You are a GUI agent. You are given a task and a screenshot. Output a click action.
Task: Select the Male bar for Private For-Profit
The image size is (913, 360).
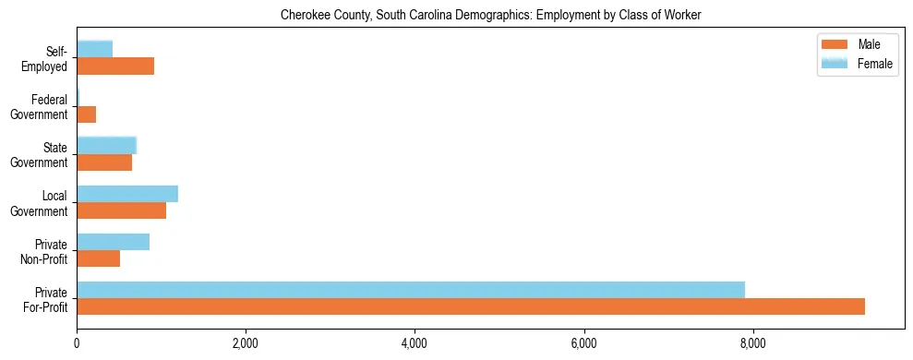coord(471,306)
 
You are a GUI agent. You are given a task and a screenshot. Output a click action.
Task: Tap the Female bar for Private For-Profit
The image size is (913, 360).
coord(411,290)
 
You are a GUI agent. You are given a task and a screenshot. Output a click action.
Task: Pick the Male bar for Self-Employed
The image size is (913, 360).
coord(115,66)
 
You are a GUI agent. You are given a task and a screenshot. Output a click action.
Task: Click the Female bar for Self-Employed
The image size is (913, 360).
coord(95,49)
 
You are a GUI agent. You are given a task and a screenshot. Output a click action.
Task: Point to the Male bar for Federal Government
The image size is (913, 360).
coord(87,114)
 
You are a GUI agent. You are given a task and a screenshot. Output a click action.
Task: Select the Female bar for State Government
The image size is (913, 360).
coord(107,145)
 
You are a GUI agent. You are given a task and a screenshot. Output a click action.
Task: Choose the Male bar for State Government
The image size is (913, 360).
coord(104,162)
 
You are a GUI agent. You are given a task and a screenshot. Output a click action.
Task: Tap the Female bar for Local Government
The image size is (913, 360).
coord(127,194)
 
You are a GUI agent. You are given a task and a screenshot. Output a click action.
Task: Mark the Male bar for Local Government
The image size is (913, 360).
coord(122,210)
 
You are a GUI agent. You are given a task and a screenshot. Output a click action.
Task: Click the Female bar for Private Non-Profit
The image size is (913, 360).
coord(114,242)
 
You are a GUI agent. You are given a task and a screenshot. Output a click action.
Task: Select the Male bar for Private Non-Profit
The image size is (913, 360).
coord(99,258)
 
